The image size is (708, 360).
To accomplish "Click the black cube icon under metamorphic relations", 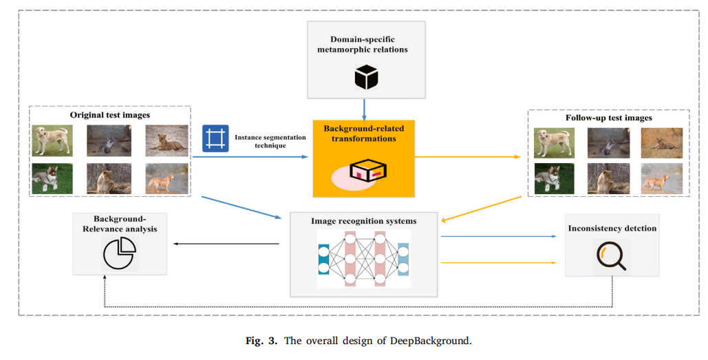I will point(366,76).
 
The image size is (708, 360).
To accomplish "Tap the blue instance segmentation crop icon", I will point(215,138).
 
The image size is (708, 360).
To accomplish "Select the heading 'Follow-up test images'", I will point(608,118).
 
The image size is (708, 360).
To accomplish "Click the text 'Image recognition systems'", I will point(363,221).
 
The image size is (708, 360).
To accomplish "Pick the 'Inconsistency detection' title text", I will point(612,228).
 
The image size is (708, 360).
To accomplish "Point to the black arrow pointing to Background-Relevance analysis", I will point(227,244).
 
